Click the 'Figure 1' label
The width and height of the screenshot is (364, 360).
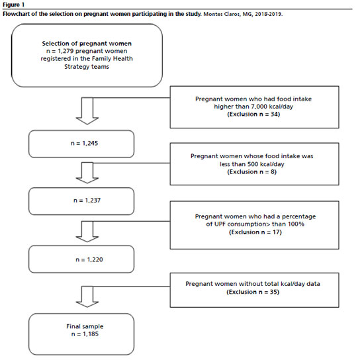[13, 5]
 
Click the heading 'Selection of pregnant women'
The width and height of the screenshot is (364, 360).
[87, 44]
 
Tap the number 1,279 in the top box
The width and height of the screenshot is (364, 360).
[66, 51]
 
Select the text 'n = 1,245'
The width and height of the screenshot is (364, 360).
[84, 143]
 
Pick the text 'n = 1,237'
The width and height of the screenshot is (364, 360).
[87, 201]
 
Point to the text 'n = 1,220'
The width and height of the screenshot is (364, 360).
[89, 259]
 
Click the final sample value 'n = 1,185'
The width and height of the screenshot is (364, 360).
[85, 334]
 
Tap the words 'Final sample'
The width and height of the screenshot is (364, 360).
[85, 326]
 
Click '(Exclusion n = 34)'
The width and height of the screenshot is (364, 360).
[253, 114]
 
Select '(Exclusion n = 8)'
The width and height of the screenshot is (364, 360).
[252, 172]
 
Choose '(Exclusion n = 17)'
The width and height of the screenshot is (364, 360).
[255, 232]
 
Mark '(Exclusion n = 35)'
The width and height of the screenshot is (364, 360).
[253, 292]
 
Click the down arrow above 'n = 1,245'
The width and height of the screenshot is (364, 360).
[87, 111]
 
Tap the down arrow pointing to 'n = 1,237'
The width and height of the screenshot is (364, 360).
[87, 173]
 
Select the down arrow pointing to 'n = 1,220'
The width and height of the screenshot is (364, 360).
[87, 232]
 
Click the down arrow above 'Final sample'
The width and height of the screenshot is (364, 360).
[87, 296]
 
